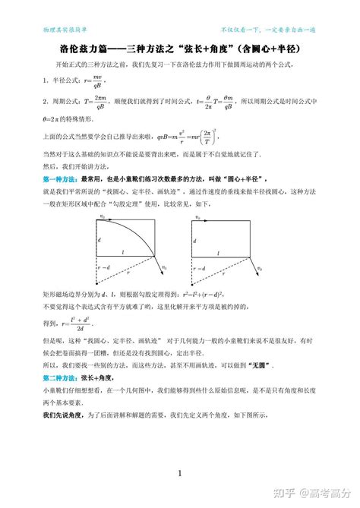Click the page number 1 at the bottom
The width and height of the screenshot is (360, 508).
179,474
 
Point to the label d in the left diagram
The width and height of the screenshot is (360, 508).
99,240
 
